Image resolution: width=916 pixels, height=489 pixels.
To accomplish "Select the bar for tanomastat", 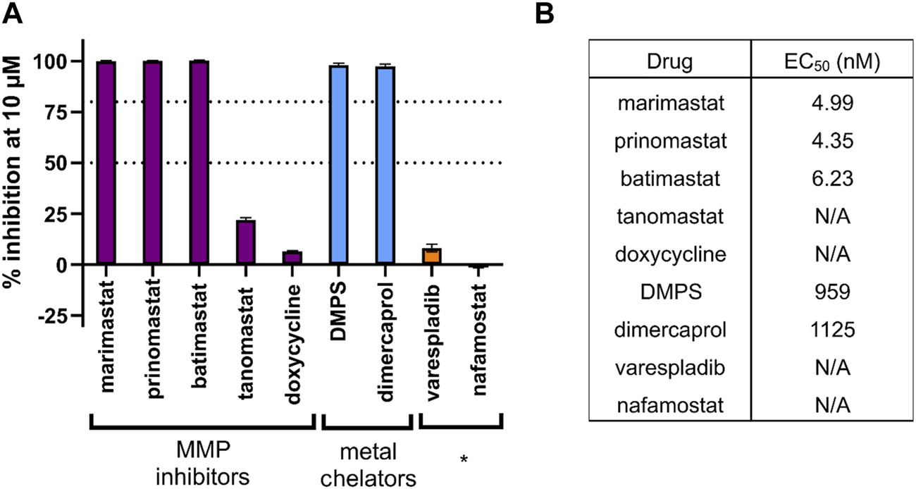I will [x=246, y=242].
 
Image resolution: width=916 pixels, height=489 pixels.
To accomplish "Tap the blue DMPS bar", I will [x=339, y=165].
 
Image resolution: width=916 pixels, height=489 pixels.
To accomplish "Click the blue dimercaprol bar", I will [x=385, y=166].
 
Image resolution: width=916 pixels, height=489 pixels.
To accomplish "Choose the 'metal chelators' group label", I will [x=366, y=465].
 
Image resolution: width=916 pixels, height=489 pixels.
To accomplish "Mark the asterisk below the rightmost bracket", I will [x=463, y=459].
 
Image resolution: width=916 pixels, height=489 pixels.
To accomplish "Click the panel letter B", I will [x=563, y=15].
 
